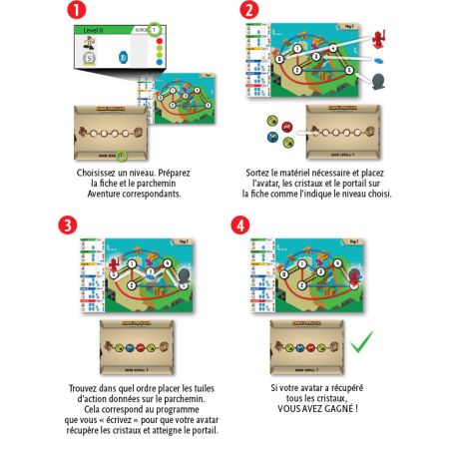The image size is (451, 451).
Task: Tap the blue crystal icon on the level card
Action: tap(124, 57)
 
